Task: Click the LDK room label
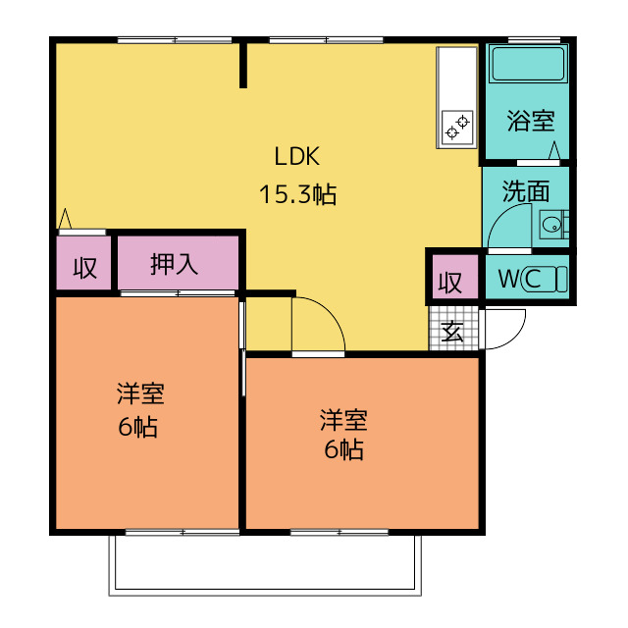pos(296,156)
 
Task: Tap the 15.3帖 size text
pos(297,194)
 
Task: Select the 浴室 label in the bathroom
pos(531,120)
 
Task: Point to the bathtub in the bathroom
pos(529,64)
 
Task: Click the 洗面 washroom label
pos(526,191)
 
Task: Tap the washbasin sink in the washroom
pos(553,225)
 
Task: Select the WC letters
pos(520,279)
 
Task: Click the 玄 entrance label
pos(452,332)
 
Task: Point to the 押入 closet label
pos(175,264)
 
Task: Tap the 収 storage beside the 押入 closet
pos(85,268)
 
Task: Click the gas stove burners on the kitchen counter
pos(457,127)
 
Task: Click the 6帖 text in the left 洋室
pos(138,427)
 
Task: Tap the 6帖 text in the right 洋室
pos(343,449)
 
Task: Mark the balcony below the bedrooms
pos(265,565)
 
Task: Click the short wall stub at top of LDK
pos(243,65)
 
